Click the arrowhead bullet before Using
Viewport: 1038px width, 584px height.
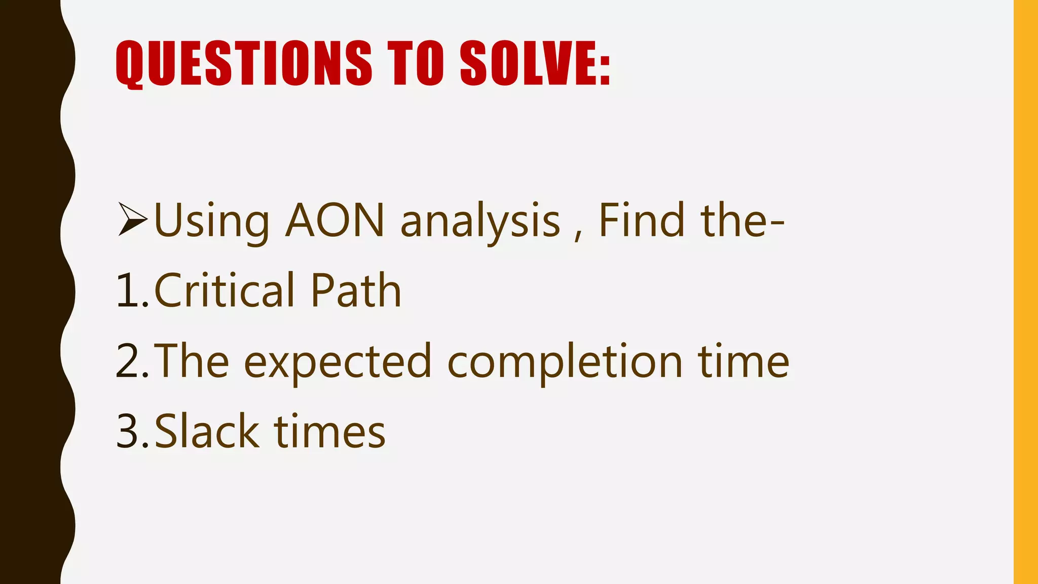point(133,219)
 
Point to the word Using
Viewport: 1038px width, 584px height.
point(211,221)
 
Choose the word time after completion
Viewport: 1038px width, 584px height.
point(744,361)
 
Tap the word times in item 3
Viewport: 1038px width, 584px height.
point(330,432)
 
